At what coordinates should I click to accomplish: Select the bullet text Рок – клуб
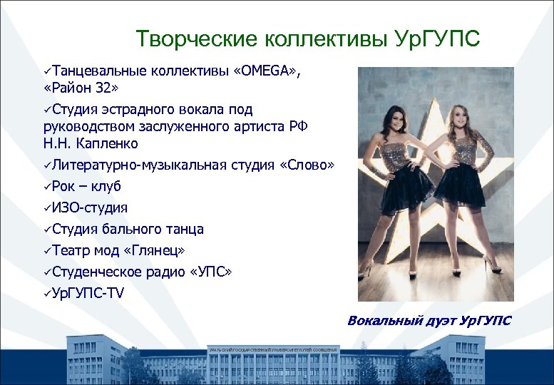tap(86, 187)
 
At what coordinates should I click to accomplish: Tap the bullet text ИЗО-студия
tap(90, 208)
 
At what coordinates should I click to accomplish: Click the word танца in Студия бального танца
tap(186, 230)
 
